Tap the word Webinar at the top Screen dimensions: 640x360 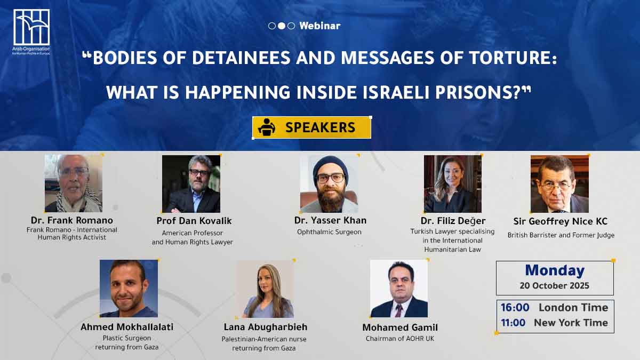[x=320, y=26]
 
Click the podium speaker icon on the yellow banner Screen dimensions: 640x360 [x=267, y=127]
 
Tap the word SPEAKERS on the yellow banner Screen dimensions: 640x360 [x=321, y=127]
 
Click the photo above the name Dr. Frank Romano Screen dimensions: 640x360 [x=74, y=183]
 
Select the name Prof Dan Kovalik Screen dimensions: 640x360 [x=194, y=221]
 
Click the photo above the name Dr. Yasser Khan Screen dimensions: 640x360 [x=329, y=183]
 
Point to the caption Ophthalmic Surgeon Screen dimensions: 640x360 [x=329, y=232]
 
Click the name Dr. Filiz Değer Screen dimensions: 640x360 [x=453, y=221]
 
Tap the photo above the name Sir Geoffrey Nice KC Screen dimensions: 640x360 [x=559, y=183]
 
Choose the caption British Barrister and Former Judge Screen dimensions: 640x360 [x=561, y=235]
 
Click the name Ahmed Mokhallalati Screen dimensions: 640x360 [x=127, y=327]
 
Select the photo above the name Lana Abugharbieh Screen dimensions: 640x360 [x=266, y=289]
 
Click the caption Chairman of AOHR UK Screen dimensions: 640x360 [x=399, y=339]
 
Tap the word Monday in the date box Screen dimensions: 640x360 [x=555, y=270]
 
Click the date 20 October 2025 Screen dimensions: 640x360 [x=555, y=286]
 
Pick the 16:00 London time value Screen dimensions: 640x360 [x=515, y=307]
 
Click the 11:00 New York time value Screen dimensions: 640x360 [x=513, y=323]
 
